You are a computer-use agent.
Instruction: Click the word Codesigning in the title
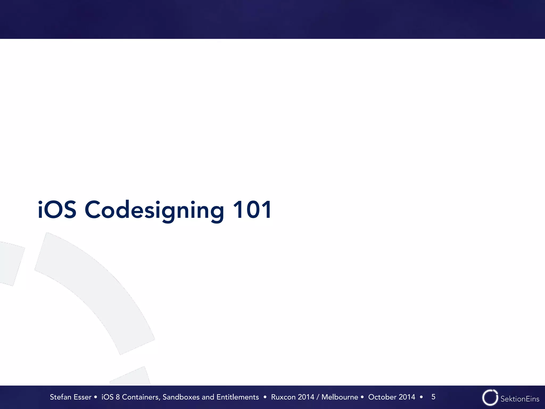pos(154,210)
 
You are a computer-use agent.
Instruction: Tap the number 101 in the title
pos(252,210)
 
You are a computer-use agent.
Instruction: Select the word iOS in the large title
pos(57,210)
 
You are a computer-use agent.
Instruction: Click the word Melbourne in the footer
pos(340,397)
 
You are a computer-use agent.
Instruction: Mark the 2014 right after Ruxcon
pos(306,397)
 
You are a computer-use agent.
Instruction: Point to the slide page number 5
pos(433,397)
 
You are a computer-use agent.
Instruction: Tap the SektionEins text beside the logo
pos(520,399)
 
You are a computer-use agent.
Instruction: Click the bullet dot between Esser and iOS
pos(96,397)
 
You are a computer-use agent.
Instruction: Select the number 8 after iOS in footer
pos(118,397)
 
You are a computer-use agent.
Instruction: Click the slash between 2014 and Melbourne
pos(318,397)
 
